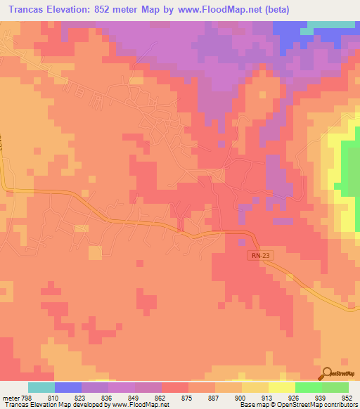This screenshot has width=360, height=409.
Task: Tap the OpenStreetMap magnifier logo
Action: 326,374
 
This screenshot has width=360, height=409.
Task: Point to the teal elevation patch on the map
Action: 330,26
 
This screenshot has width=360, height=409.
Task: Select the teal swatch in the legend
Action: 41,387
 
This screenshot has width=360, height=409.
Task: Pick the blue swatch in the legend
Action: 67,387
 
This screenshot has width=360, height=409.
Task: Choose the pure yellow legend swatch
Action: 281,387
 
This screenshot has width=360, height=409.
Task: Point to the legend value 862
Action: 161,398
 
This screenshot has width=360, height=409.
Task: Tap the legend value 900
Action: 241,398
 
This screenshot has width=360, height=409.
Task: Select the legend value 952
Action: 347,398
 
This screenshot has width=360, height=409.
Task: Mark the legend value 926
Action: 295,398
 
